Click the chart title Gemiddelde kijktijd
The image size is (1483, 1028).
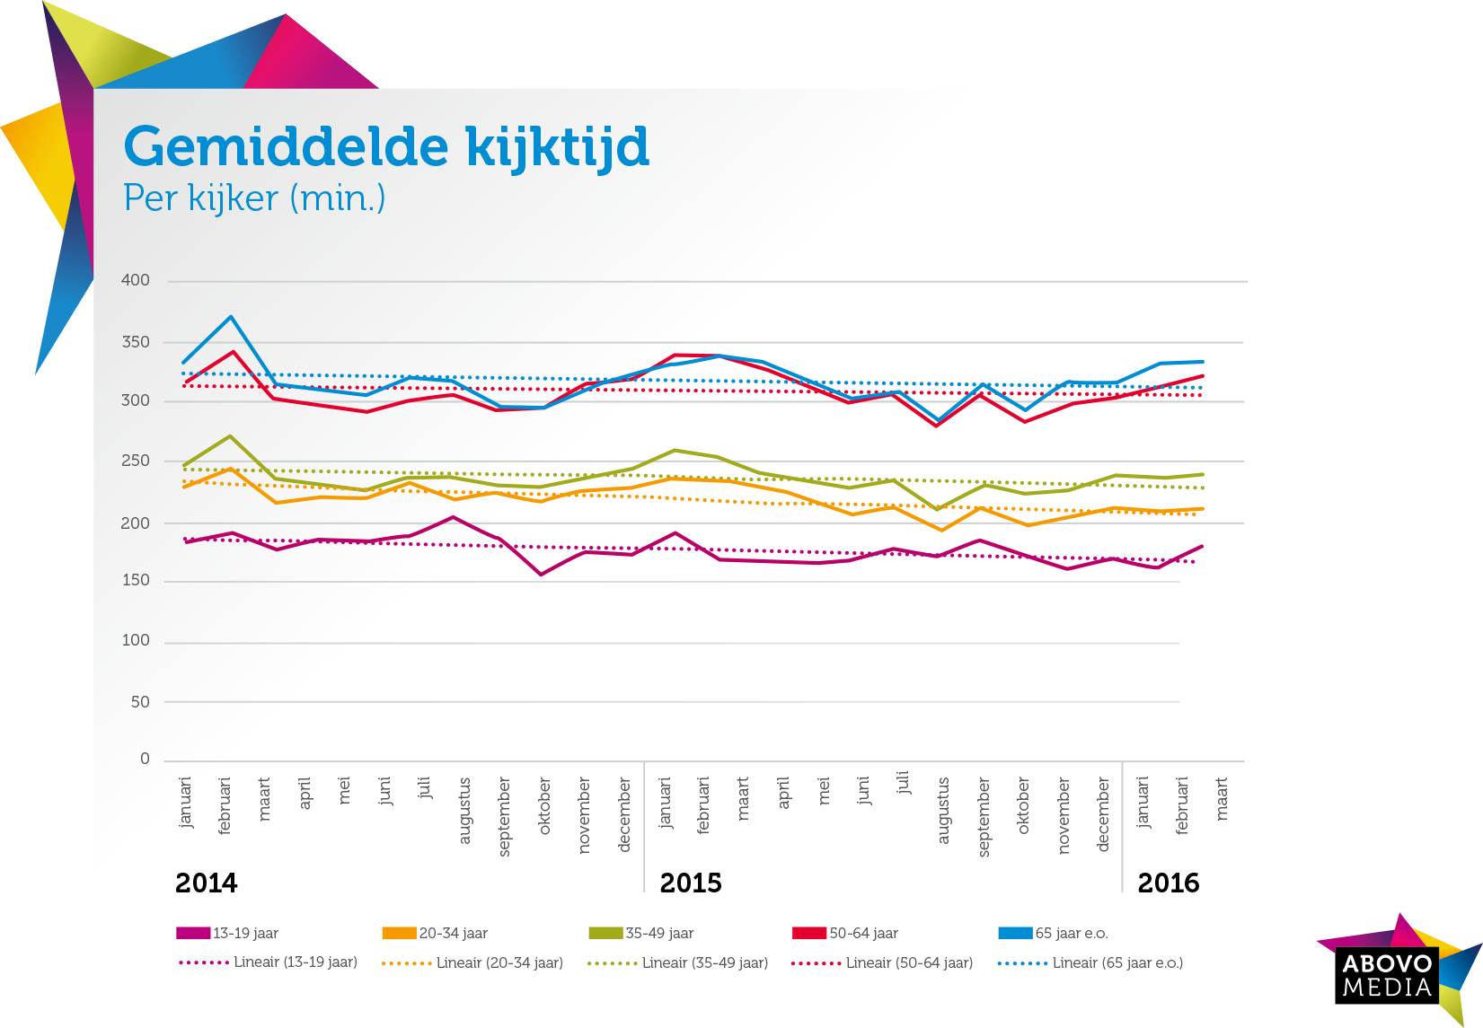[386, 146]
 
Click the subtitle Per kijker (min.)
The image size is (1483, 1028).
[254, 198]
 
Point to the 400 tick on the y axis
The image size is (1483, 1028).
[136, 280]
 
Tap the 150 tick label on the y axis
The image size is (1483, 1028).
[136, 580]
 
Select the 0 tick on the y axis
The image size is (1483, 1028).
[145, 759]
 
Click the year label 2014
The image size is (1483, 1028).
[207, 883]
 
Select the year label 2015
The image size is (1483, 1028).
[691, 883]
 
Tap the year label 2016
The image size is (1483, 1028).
[1168, 883]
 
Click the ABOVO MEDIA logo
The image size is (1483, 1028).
[1388, 975]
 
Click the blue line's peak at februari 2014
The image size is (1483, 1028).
[231, 317]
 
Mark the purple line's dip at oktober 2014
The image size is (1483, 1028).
[541, 575]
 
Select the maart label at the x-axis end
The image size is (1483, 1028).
[1222, 799]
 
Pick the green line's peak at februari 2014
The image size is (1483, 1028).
[231, 436]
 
